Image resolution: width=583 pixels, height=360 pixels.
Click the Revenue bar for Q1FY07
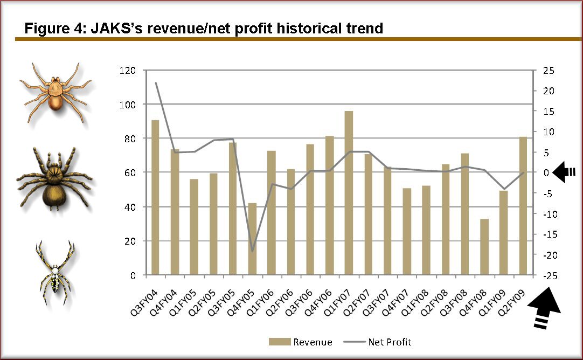(349, 193)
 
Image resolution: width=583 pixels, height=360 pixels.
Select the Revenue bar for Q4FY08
(484, 247)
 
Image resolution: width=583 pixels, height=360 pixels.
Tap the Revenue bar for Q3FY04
(155, 197)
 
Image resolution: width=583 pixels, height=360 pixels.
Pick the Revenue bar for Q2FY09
(523, 206)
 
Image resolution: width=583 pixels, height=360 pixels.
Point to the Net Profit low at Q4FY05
(253, 251)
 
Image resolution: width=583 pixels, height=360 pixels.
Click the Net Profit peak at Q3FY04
(156, 82)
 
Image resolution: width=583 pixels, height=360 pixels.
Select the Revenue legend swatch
(280, 342)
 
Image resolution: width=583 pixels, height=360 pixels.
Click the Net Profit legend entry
(377, 342)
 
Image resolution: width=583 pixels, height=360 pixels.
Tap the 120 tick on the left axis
(127, 70)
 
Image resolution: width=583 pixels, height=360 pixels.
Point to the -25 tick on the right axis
(549, 275)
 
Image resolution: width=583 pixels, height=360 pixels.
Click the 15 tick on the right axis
(549, 111)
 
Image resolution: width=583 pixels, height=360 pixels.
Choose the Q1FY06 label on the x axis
(260, 303)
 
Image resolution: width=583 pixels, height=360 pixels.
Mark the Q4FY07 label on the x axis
(395, 303)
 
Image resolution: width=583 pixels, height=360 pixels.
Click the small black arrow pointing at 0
(564, 172)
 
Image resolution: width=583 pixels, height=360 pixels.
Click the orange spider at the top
(56, 93)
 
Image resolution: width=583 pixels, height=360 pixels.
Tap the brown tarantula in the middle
(54, 179)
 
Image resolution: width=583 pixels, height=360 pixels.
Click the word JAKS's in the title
(117, 28)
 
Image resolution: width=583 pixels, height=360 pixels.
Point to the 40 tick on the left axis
(130, 207)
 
